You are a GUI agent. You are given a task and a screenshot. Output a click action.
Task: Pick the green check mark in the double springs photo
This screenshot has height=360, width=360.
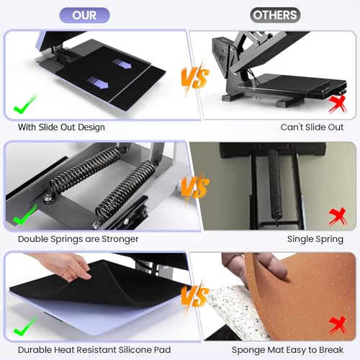[25, 215]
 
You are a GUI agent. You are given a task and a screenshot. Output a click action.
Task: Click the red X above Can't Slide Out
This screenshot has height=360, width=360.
[336, 106]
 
